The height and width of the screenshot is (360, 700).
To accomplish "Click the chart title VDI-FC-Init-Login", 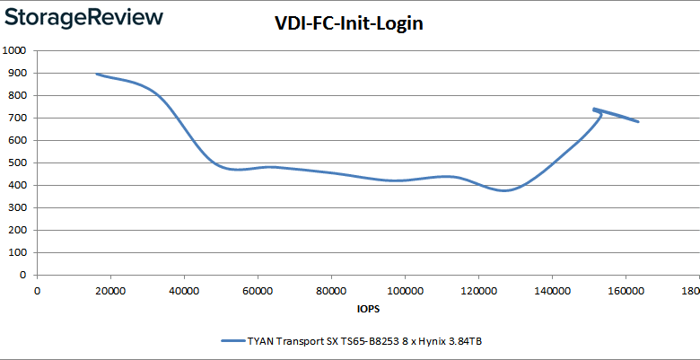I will coord(348,24).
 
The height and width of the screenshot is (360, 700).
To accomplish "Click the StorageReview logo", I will coord(83,17).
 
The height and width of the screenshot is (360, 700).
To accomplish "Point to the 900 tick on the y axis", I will coord(15,73).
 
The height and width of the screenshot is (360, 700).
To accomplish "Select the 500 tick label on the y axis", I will coord(15,162).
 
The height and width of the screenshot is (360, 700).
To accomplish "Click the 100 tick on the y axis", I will coord(15,252).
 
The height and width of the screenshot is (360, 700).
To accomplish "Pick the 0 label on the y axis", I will coord(22,275).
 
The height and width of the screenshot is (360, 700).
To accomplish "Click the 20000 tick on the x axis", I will coord(110,291).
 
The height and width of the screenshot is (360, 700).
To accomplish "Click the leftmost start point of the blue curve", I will coord(96,75).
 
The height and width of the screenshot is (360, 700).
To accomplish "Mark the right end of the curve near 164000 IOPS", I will coord(638,121).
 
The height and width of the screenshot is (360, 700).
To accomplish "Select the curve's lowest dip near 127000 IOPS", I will coord(504,190).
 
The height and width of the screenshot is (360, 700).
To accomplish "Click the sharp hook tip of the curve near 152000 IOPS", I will coord(593,110).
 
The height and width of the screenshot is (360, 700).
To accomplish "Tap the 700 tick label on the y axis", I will coord(15,118).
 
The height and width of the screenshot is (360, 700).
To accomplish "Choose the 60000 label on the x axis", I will coord(258,291).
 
